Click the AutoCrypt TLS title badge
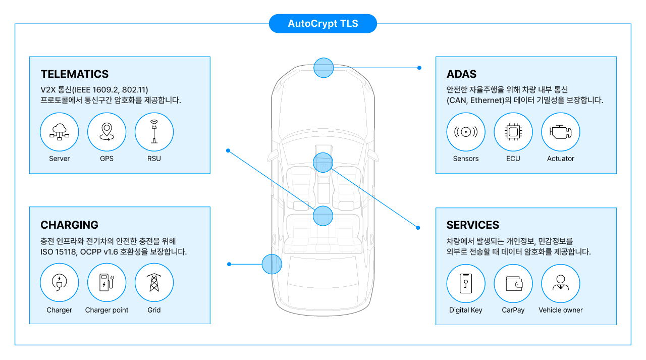tap(323, 24)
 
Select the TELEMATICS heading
tap(75, 74)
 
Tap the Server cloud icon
tap(60, 132)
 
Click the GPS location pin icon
tap(106, 132)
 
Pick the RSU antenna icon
tap(154, 132)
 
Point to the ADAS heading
tap(461, 74)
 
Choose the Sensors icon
tap(466, 132)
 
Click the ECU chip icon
tap(513, 132)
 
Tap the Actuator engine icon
tap(561, 132)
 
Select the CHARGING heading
tap(70, 225)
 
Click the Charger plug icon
tap(60, 283)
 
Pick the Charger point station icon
tap(106, 283)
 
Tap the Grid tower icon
tap(154, 283)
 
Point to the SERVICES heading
tap(473, 225)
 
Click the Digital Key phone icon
tap(466, 283)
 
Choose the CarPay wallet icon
tap(513, 283)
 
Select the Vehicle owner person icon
tap(561, 283)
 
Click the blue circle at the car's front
tap(324, 68)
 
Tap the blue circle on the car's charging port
tap(272, 264)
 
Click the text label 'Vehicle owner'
tap(561, 310)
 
